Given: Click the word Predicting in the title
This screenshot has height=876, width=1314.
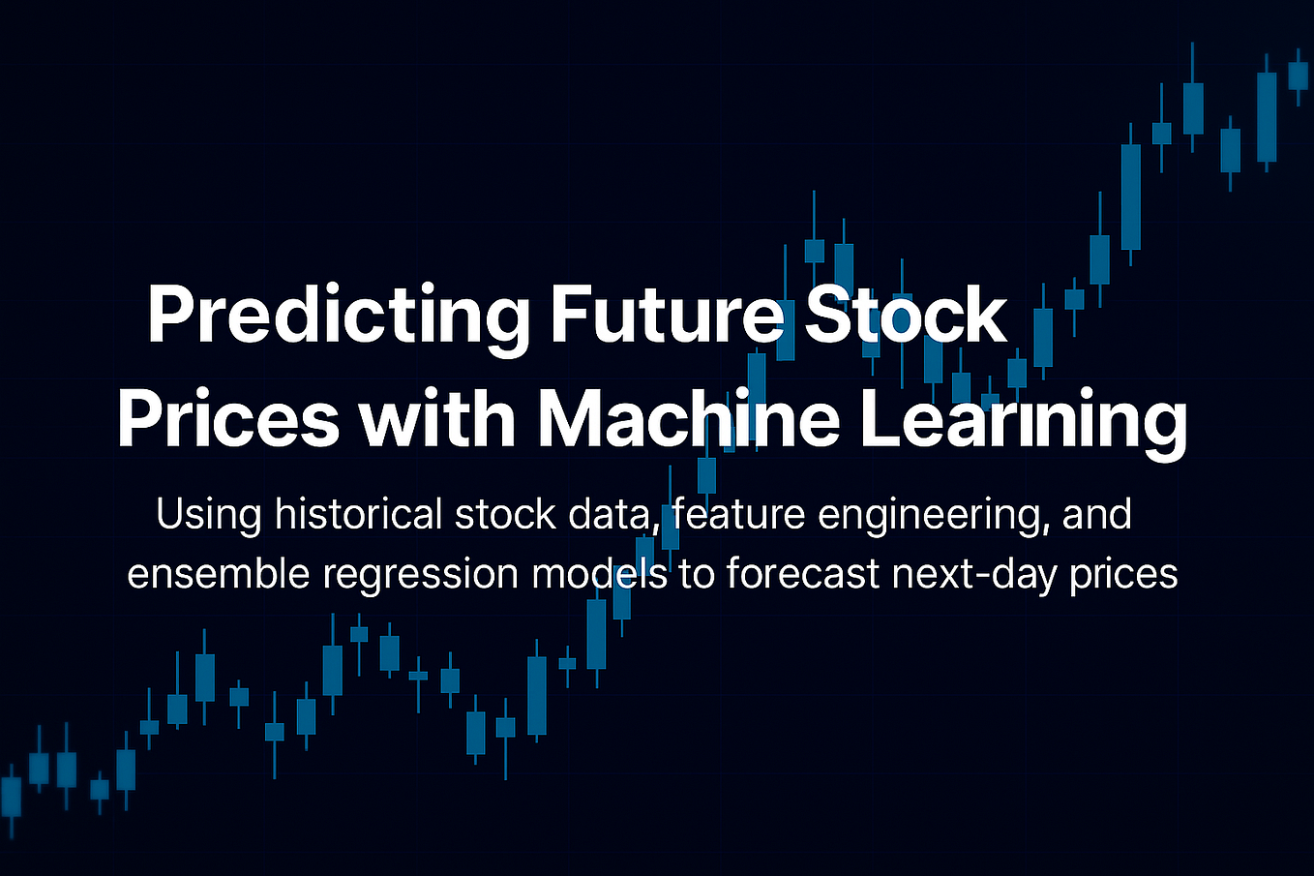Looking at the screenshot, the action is click(x=339, y=316).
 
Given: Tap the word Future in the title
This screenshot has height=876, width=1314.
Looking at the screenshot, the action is click(x=667, y=315).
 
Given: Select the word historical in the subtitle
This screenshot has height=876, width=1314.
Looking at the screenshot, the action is click(x=359, y=514).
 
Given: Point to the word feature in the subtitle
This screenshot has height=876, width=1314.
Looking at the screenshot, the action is click(x=738, y=514).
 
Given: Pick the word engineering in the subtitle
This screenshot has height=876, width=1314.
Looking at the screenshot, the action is click(x=937, y=516).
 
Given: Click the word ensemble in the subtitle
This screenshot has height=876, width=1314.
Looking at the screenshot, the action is click(x=219, y=573).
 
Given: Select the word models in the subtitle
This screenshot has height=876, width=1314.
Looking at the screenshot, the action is click(x=600, y=573).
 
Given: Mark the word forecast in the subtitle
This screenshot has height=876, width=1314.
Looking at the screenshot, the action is click(x=803, y=573).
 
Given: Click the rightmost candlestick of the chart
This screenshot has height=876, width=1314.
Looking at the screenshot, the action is click(x=1298, y=76).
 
